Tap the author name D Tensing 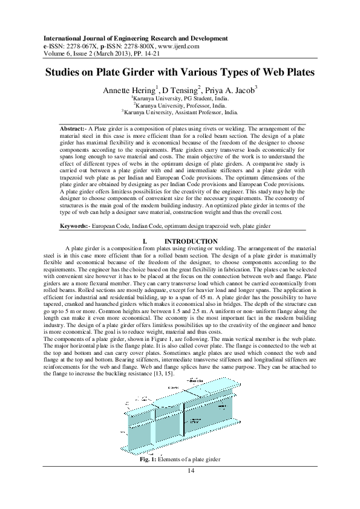coord(180,89)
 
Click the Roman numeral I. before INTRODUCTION coord(144,241)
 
